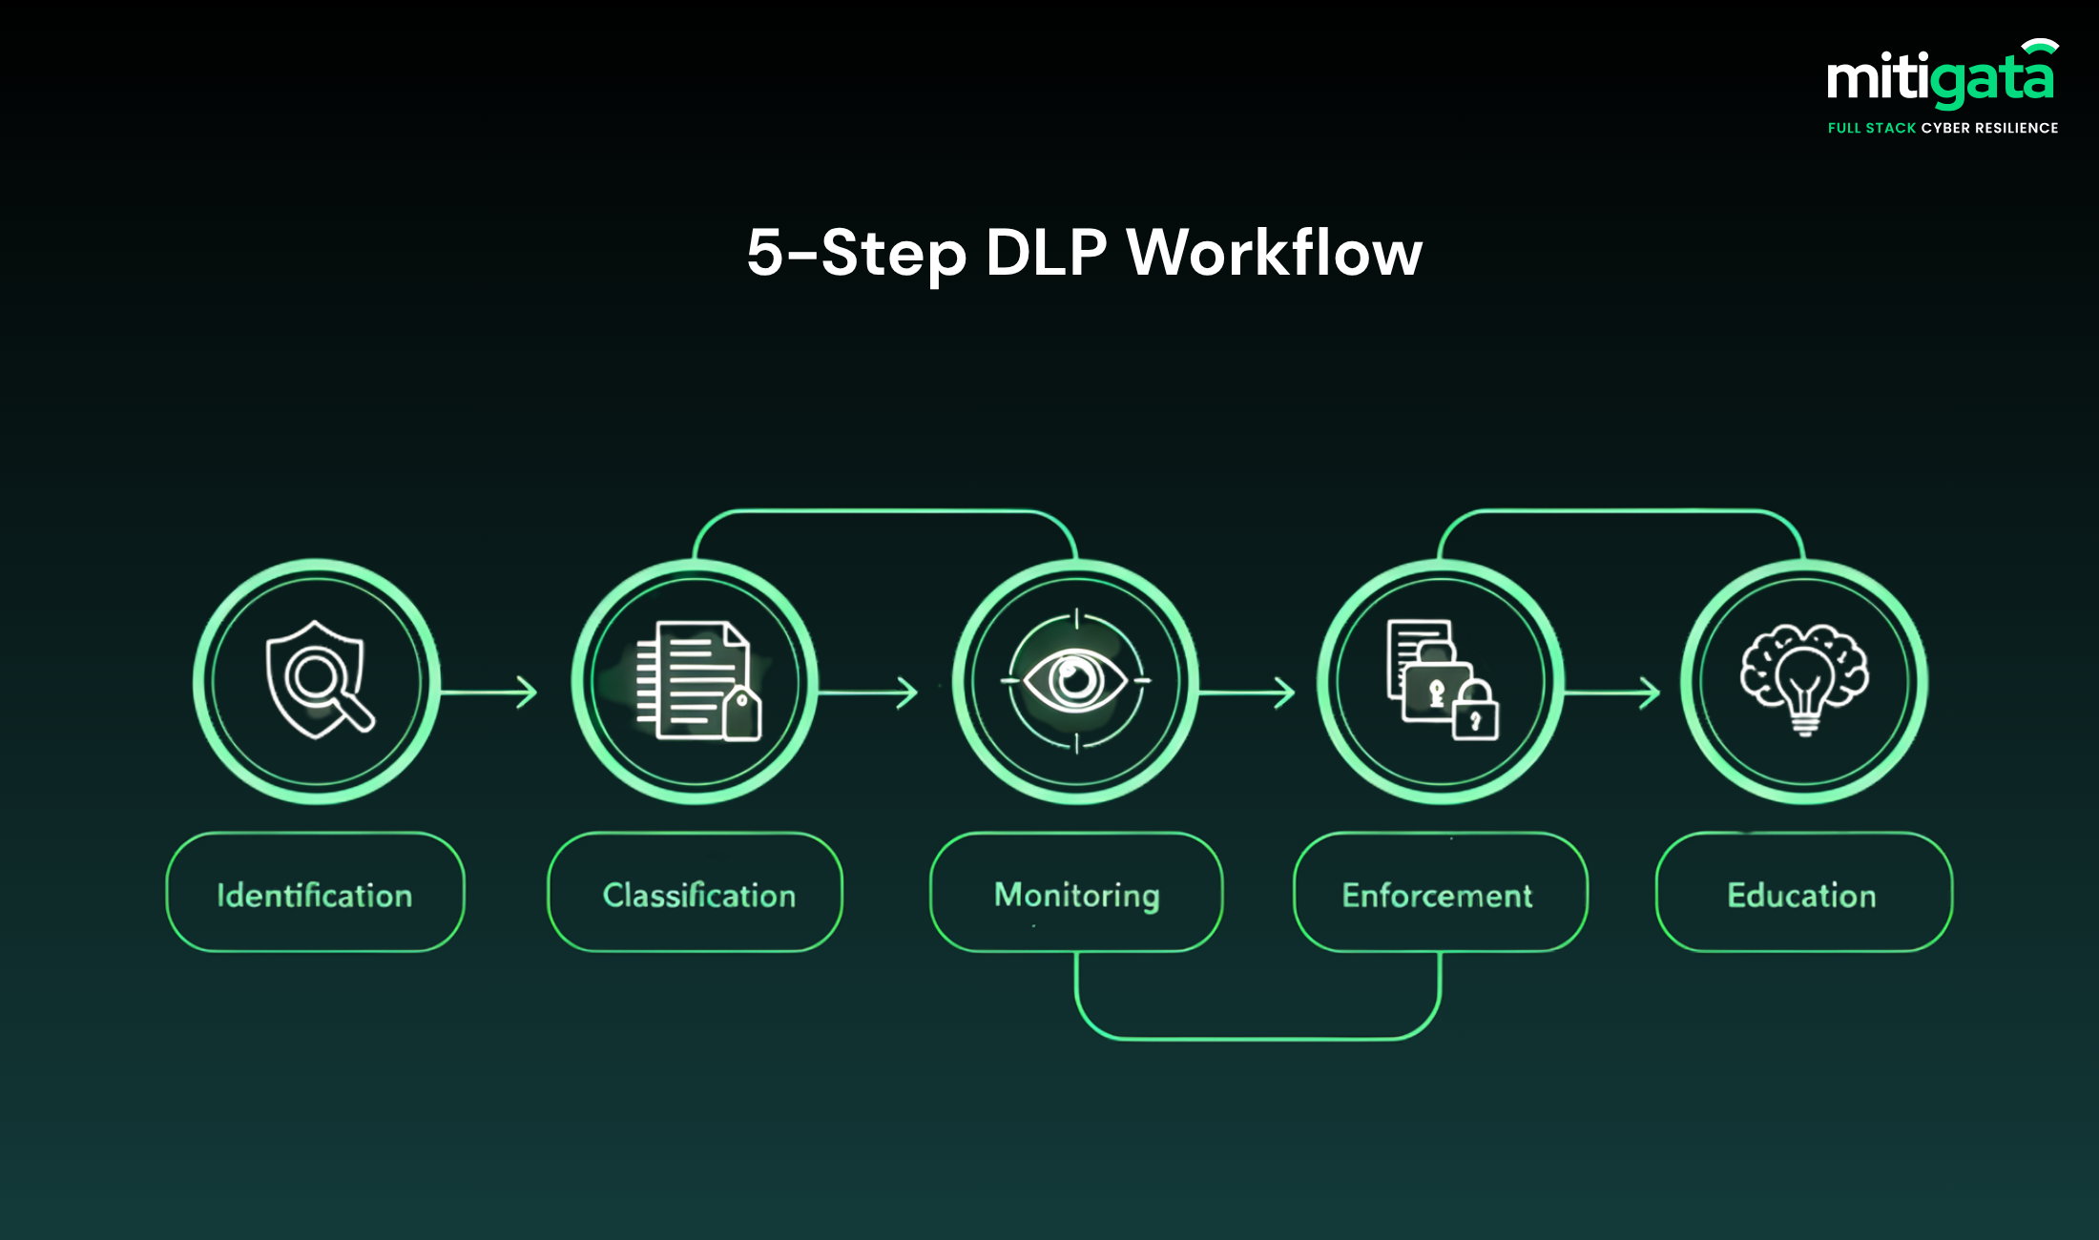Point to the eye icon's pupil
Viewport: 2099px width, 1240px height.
[x=1076, y=679]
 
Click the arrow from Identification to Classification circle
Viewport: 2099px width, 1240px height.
[x=488, y=692]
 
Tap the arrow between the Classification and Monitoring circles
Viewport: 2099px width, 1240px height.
[x=868, y=692]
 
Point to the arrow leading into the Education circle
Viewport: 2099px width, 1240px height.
[x=1612, y=692]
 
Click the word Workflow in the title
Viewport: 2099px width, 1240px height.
[x=1274, y=253]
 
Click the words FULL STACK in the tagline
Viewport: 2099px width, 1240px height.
[x=1871, y=128]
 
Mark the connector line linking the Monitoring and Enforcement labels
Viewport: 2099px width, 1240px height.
[x=1257, y=1037]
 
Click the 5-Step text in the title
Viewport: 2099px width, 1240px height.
[x=856, y=253]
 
